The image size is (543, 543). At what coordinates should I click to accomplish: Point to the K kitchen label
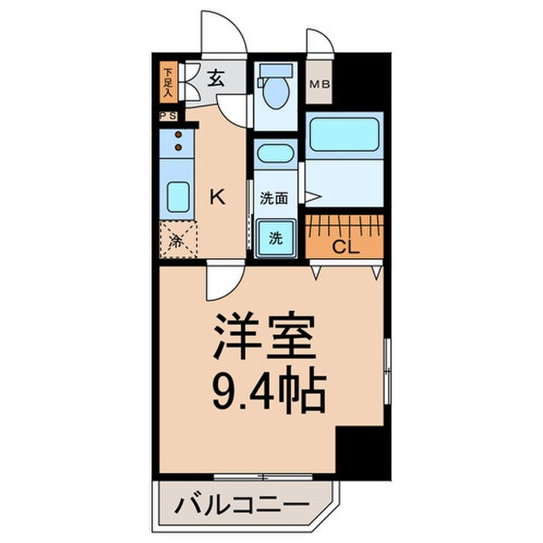(x=218, y=197)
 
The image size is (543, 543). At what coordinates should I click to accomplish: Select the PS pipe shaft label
(x=168, y=116)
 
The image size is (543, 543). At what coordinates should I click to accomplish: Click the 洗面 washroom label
(x=274, y=198)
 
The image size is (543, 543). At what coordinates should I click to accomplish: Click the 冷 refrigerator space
(x=178, y=240)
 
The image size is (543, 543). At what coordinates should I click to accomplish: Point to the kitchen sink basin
(x=178, y=197)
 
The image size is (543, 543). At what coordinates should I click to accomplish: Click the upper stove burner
(x=178, y=135)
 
